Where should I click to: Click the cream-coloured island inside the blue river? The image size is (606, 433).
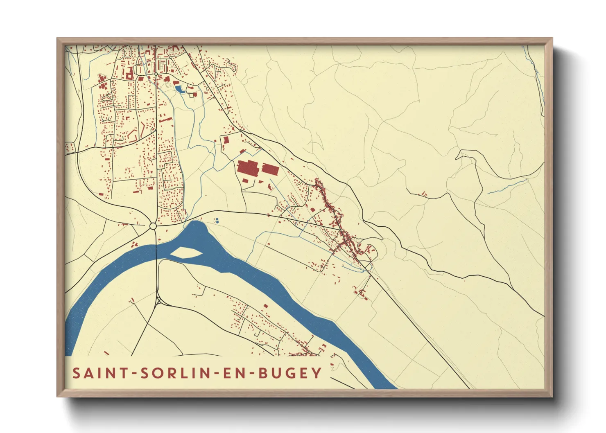coord(185,253)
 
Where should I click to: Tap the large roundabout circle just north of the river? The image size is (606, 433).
coord(153,226)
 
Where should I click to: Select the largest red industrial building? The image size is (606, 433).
coord(248,168)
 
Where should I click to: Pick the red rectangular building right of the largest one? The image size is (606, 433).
coord(270,169)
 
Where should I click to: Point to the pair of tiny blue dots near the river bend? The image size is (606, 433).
coord(217,221)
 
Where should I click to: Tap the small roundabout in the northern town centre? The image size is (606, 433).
coord(156,74)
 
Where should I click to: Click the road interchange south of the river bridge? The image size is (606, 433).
coord(159,301)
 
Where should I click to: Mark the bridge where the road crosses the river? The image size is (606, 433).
coord(156,254)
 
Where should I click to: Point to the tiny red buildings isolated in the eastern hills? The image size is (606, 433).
coord(423,194)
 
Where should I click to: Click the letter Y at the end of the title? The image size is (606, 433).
coord(317,373)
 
